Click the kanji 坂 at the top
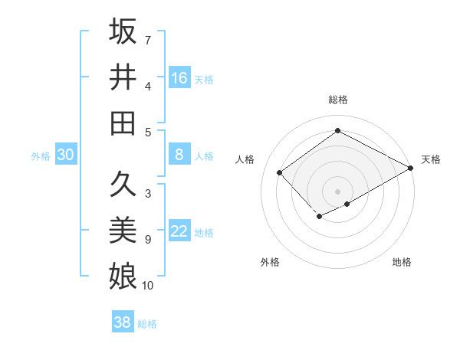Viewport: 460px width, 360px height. (x=123, y=31)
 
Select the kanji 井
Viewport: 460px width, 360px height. (x=123, y=77)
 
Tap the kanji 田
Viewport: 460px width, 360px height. (x=123, y=122)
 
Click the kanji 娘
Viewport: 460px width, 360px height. (x=123, y=275)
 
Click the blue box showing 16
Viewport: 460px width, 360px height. (x=179, y=77)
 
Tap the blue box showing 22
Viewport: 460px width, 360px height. (x=179, y=232)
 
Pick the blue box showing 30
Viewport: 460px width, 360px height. (x=66, y=155)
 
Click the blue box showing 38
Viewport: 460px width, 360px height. (x=123, y=322)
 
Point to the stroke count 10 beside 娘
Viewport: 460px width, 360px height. (x=148, y=285)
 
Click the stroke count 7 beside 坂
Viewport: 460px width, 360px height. (x=148, y=39)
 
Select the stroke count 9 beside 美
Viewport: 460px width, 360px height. (x=148, y=240)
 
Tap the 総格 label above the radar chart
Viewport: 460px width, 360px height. (x=337, y=100)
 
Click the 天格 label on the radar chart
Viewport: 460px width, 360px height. (x=431, y=159)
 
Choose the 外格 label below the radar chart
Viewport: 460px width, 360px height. (x=270, y=262)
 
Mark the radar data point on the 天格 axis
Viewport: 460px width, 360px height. (x=412, y=168)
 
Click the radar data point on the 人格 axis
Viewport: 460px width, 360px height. (x=280, y=172)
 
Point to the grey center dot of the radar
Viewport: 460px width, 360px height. (x=337, y=191)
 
